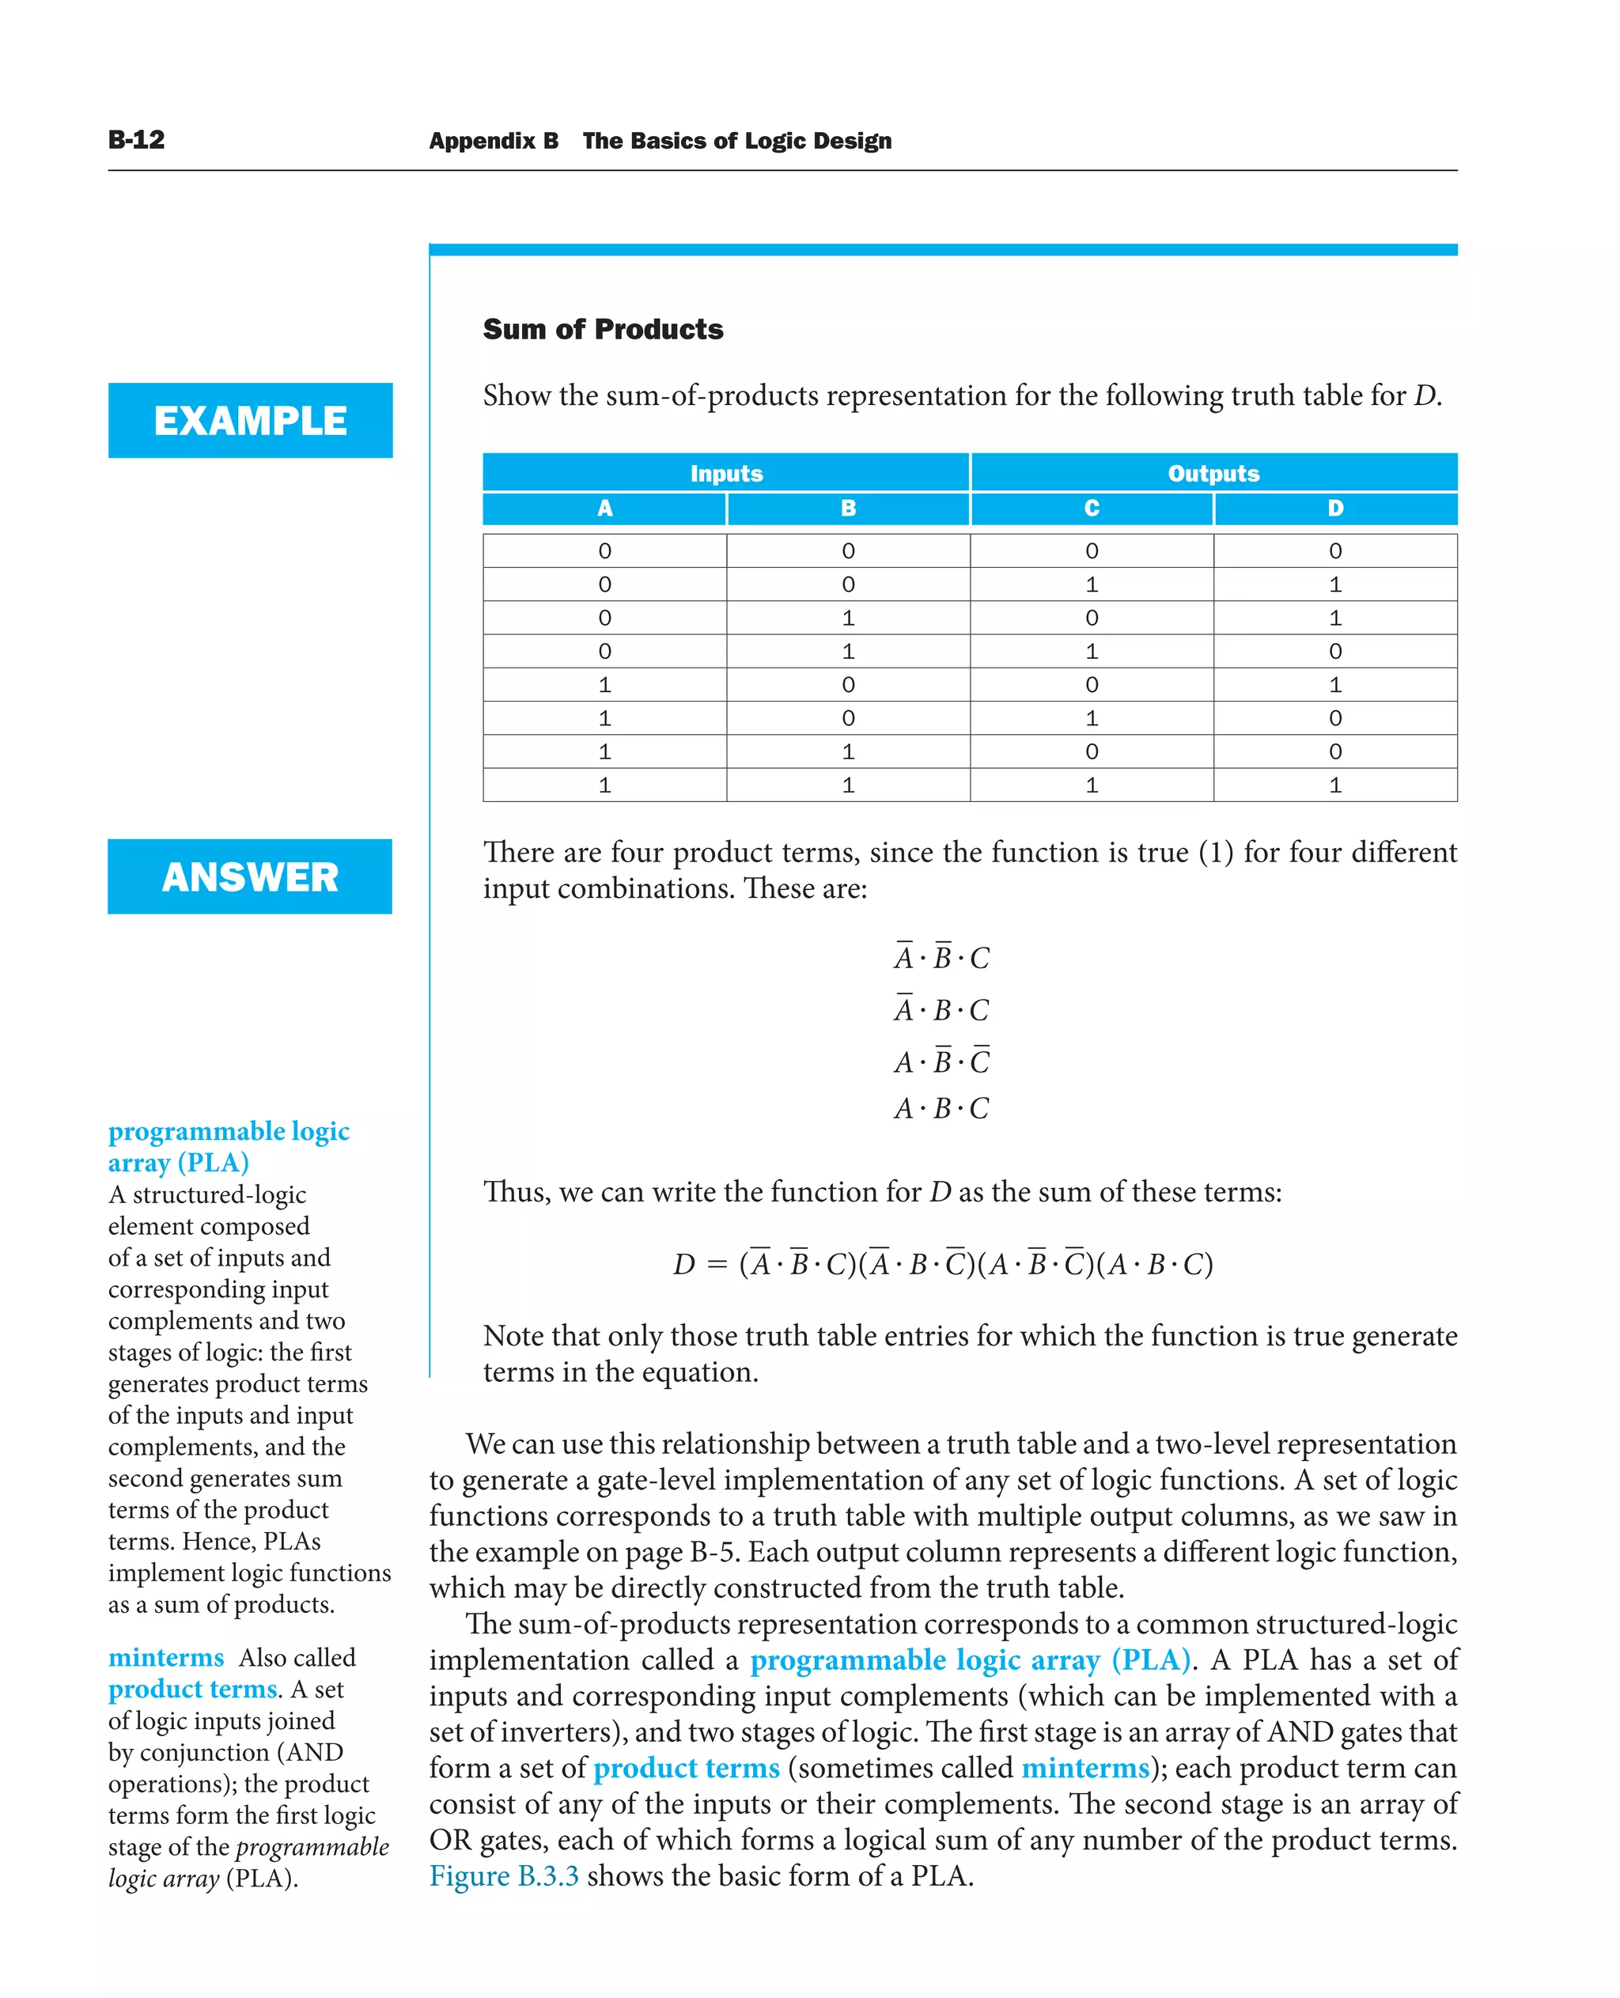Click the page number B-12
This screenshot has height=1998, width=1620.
(x=136, y=140)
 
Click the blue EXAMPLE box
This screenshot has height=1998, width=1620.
(x=250, y=420)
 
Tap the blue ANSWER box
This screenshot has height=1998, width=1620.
(x=250, y=876)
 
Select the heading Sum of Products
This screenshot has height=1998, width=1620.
(x=603, y=329)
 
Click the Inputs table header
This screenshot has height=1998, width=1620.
(x=726, y=473)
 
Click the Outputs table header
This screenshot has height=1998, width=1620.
(x=1213, y=473)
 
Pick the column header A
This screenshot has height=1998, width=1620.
(x=604, y=509)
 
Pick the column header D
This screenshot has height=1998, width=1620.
(x=1335, y=509)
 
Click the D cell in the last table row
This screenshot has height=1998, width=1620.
(x=1335, y=785)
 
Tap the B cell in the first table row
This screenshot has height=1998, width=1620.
(x=848, y=551)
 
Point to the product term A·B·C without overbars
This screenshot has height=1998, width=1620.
(x=941, y=1109)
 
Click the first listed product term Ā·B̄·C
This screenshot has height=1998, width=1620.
(x=941, y=957)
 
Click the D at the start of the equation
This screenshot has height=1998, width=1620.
(x=684, y=1265)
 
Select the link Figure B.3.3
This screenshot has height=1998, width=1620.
(x=504, y=1875)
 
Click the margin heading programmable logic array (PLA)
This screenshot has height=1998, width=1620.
(x=229, y=1146)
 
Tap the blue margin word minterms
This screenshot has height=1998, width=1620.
(x=166, y=1657)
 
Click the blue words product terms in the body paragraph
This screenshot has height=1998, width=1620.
(x=686, y=1768)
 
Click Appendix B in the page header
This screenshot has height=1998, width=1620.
(x=494, y=141)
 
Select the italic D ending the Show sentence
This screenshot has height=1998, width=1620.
(x=1424, y=395)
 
